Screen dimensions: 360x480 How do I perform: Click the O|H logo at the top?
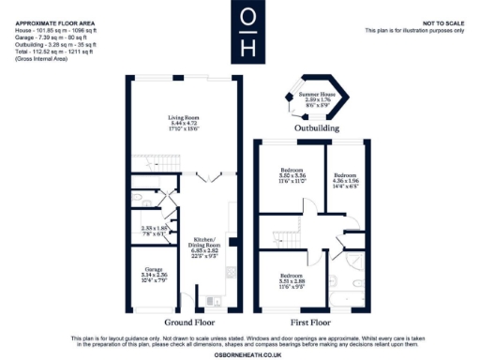click(x=247, y=31)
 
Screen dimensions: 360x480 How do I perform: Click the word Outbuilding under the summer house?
click(x=310, y=127)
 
